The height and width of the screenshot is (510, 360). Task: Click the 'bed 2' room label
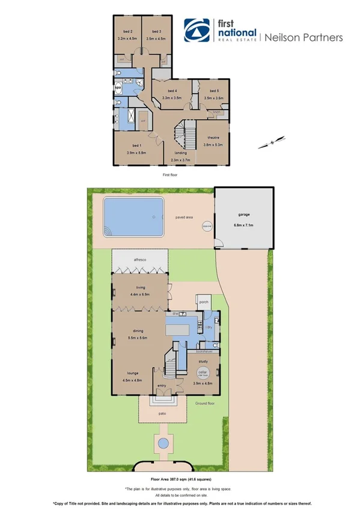point(127,31)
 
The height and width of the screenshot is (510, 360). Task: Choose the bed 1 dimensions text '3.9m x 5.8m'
point(136,153)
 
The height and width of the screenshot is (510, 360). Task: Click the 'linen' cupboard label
point(218,112)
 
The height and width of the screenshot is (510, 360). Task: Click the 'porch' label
point(203,302)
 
